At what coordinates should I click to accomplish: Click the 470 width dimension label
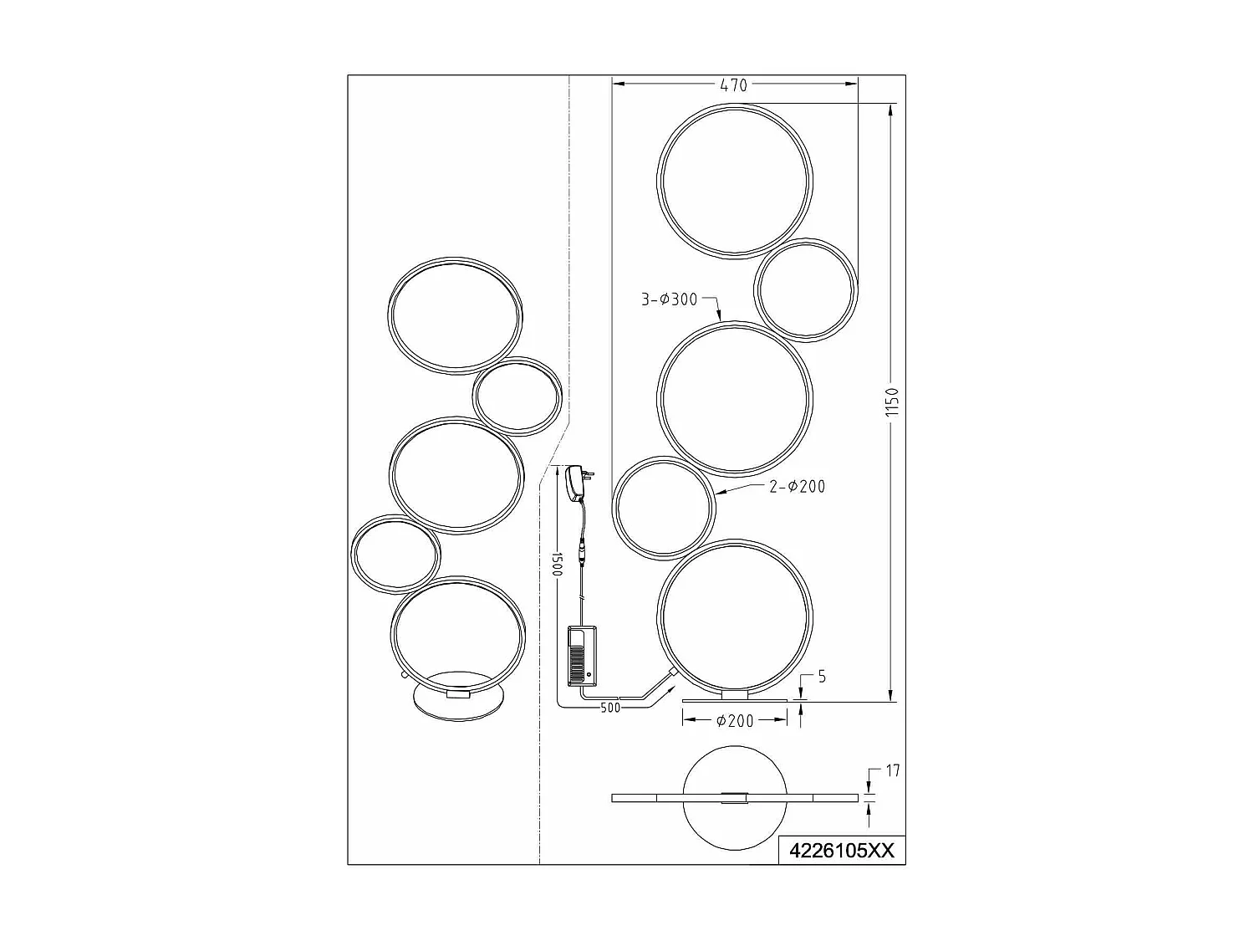click(x=734, y=84)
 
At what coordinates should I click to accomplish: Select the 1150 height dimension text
click(x=891, y=402)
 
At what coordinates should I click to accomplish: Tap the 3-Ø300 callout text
click(x=669, y=299)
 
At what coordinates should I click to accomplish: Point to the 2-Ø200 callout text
click(x=797, y=486)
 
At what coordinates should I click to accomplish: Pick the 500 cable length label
click(x=611, y=708)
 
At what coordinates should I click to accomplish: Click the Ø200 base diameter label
click(x=735, y=720)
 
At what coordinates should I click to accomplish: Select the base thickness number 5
click(x=821, y=677)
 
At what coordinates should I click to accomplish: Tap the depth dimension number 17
click(x=892, y=770)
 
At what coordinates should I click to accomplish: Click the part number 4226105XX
click(x=842, y=851)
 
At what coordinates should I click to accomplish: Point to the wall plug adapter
click(x=576, y=483)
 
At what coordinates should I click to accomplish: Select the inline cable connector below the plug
click(x=580, y=555)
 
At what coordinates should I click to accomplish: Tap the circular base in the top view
click(x=735, y=828)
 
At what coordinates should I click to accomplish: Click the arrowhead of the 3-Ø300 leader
click(x=721, y=319)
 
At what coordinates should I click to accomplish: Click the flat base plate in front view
click(x=735, y=699)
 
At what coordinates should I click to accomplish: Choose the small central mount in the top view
click(x=735, y=797)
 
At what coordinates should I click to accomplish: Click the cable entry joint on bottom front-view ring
click(x=671, y=673)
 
